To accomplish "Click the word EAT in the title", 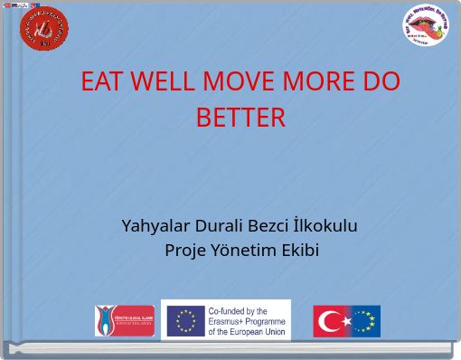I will point(101,83).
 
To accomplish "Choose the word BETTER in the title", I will point(240,118).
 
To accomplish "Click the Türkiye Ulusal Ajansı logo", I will point(124,320).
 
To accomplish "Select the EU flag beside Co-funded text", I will point(186,320).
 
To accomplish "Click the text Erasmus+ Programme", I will point(247,320).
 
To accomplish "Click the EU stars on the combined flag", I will point(365,321).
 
